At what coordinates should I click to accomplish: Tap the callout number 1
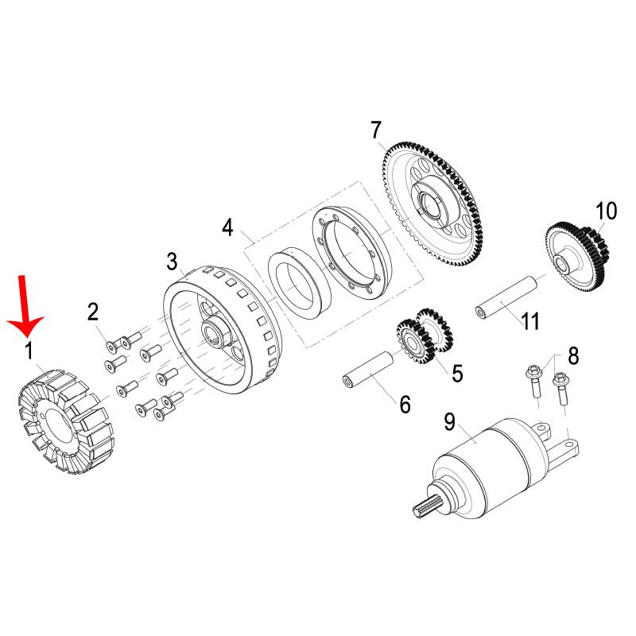29,351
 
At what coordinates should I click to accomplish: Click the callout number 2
93,312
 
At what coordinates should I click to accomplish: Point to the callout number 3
172,262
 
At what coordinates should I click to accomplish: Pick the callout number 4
227,227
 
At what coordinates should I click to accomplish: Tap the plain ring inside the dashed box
300,283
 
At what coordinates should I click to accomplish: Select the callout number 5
457,373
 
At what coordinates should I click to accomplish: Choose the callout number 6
405,405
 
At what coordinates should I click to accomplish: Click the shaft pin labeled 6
368,370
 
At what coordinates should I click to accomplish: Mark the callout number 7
376,130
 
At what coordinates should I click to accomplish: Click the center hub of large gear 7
429,203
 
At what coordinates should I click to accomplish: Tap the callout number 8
573,355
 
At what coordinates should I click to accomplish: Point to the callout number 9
450,422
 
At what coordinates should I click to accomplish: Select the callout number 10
606,211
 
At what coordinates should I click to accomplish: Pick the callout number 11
529,321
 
